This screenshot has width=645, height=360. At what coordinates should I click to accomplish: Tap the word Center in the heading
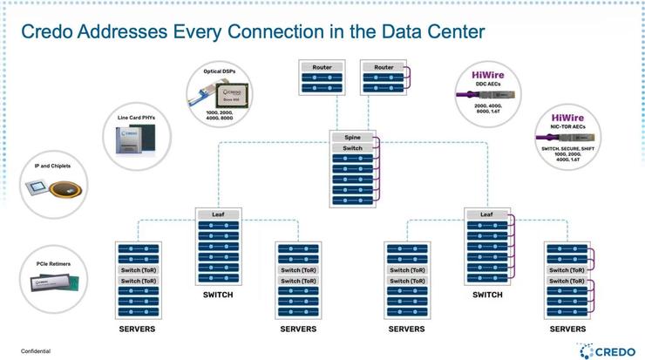[453, 32]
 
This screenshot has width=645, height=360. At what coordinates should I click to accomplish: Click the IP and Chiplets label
[51, 165]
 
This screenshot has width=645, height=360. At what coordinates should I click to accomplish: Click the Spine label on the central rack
[352, 138]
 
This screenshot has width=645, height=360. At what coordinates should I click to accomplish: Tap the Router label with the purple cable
[384, 67]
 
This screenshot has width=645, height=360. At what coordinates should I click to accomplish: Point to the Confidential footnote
[36, 350]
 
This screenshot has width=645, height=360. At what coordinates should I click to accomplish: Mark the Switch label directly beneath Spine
[352, 148]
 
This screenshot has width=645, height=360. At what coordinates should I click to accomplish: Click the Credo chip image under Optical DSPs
[232, 94]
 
